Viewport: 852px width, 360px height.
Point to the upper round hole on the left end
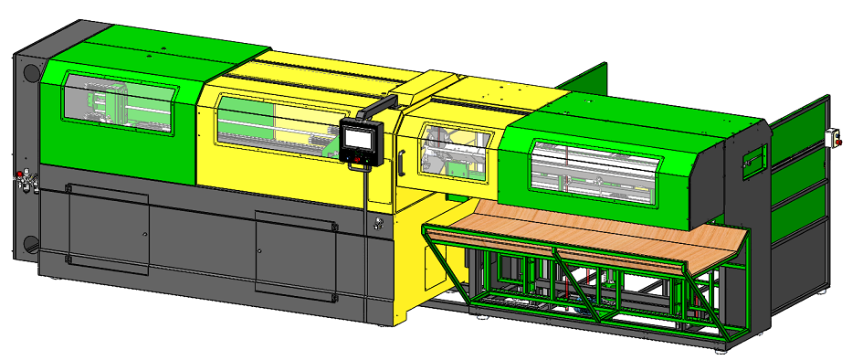(x=29, y=71)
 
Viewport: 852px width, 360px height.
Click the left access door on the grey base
(x=108, y=228)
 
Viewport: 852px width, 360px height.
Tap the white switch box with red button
(x=832, y=137)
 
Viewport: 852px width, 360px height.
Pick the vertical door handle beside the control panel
(x=399, y=162)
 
